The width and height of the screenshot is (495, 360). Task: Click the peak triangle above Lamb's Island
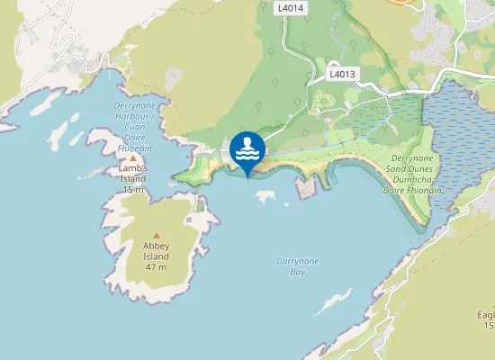pyautogui.click(x=133, y=157)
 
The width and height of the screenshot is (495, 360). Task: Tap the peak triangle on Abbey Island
pyautogui.click(x=157, y=235)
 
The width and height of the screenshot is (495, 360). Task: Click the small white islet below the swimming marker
pyautogui.click(x=265, y=196)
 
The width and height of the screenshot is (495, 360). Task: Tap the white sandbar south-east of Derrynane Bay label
pyautogui.click(x=333, y=301)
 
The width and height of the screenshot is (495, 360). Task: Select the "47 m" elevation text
pyautogui.click(x=157, y=267)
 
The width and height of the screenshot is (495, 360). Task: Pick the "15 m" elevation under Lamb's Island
pyautogui.click(x=133, y=190)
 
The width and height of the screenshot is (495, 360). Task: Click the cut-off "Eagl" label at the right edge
pyautogui.click(x=486, y=315)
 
